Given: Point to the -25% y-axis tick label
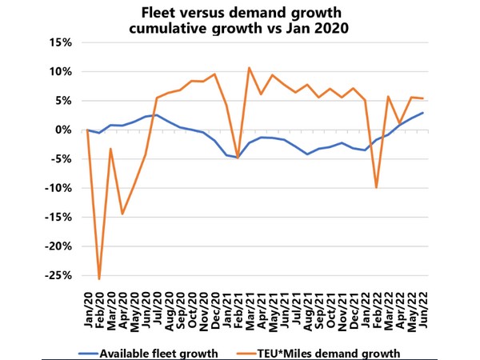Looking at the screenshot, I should [61, 275].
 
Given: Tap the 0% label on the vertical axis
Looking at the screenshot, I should [66, 130].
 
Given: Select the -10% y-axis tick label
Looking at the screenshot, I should [61, 188].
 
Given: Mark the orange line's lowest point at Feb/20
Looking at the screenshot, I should [99, 278].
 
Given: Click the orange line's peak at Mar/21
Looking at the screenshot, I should [250, 68].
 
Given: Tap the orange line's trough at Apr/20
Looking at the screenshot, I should [122, 214].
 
